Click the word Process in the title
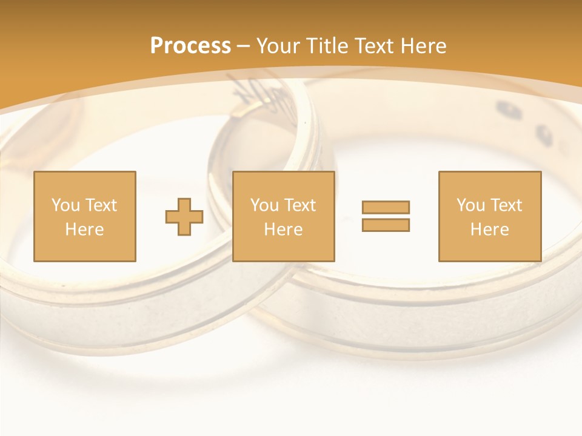[190, 45]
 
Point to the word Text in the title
[374, 45]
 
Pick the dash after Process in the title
[243, 47]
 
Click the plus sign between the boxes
[184, 216]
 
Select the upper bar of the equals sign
[386, 207]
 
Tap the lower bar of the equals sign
[386, 225]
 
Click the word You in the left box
[65, 205]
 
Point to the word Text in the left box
[101, 205]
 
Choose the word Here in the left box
[84, 230]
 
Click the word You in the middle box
[264, 205]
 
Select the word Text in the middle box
[299, 205]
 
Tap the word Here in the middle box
[283, 230]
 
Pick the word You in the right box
[470, 205]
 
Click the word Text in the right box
[506, 205]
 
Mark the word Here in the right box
[489, 230]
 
